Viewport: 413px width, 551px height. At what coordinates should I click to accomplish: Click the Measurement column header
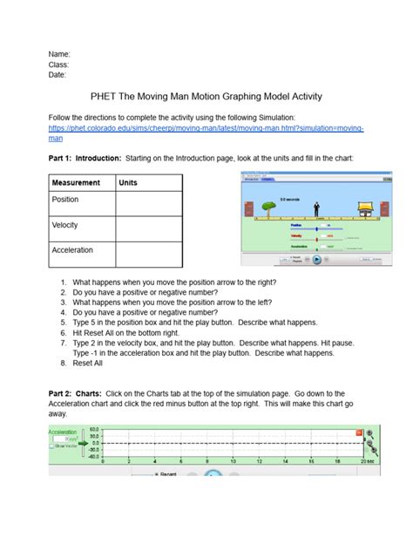[76, 183]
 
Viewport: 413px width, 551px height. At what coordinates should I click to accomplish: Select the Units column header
[128, 183]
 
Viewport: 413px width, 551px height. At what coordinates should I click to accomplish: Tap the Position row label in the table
[66, 200]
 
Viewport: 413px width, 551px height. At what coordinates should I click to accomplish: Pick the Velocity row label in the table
[66, 225]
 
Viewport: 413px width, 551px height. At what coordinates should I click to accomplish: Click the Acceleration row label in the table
[72, 250]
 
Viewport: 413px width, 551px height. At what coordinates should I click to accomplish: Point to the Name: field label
[58, 54]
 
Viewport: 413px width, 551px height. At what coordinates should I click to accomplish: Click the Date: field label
[58, 75]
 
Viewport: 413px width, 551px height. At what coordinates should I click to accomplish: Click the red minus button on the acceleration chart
[358, 432]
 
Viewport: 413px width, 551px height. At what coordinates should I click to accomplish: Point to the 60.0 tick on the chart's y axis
[95, 430]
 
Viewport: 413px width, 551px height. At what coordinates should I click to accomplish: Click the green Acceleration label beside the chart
[63, 431]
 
